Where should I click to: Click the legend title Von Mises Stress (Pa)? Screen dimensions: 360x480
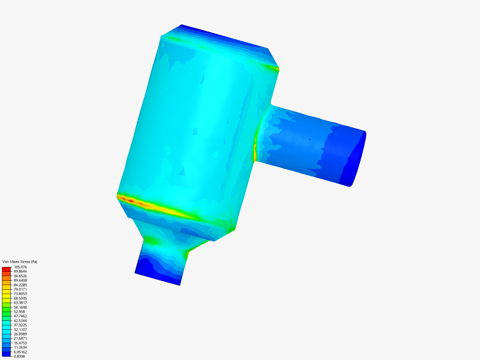20,262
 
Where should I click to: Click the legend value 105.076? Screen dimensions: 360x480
20,267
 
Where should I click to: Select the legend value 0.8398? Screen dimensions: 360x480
19,356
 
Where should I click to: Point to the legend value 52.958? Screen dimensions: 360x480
19,312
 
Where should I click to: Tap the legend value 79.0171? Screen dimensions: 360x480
20,289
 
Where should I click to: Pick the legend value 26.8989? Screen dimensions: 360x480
20,334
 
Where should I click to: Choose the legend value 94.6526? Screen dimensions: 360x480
20,276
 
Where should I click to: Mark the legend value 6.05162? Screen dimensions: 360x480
20,352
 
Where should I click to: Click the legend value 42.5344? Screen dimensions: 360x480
20,321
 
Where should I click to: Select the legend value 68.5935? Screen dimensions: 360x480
20,298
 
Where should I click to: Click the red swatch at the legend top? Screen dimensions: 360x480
6,269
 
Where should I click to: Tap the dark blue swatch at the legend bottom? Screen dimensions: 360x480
6,354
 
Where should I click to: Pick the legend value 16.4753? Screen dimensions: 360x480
20,343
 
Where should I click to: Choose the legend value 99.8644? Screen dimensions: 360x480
20,271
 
